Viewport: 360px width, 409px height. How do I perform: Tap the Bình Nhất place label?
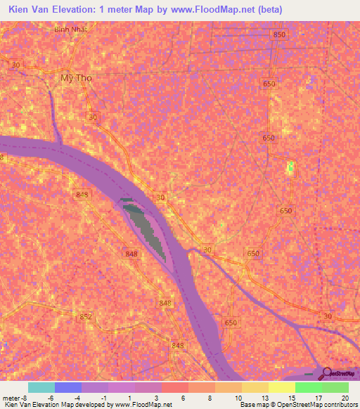(x=70, y=30)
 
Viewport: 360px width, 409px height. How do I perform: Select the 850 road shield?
(x=280, y=34)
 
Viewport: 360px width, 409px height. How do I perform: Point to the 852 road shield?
(x=85, y=317)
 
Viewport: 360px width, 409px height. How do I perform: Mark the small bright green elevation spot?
(x=290, y=167)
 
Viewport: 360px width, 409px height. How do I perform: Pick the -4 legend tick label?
(x=78, y=398)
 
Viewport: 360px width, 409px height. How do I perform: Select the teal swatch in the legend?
(x=41, y=387)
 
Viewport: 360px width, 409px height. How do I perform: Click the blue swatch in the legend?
(x=67, y=387)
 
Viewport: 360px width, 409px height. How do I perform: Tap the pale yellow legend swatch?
(x=282, y=387)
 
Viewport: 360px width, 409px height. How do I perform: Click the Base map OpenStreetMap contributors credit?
(x=297, y=405)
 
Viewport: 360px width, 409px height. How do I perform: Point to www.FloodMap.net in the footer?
(x=142, y=405)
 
